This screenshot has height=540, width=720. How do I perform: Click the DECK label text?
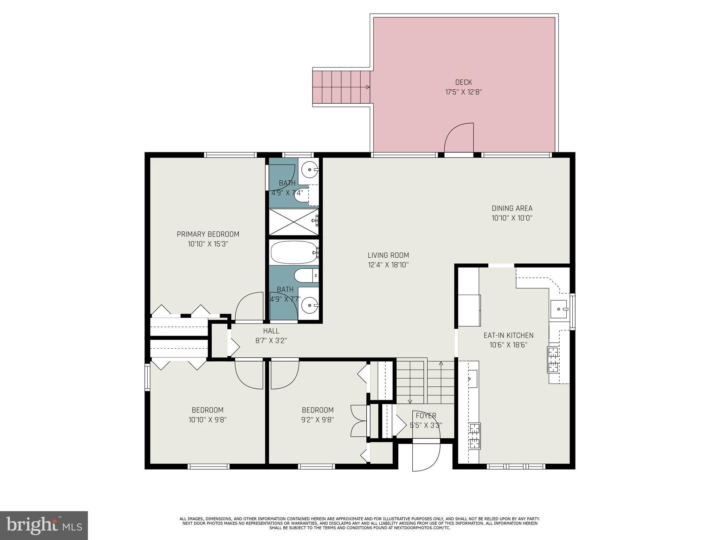click(x=463, y=82)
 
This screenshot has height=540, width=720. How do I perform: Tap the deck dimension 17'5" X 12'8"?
click(x=463, y=92)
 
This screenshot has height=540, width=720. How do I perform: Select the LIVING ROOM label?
click(x=388, y=255)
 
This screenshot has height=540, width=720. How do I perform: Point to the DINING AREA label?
click(x=512, y=208)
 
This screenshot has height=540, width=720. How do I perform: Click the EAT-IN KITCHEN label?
click(x=508, y=335)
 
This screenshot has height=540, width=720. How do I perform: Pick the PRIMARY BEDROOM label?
click(x=208, y=234)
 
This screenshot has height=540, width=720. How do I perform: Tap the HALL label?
click(x=271, y=331)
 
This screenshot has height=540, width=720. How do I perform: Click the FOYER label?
click(x=426, y=416)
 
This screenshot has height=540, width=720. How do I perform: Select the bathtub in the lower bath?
click(x=295, y=252)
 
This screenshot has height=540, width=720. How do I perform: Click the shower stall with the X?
click(x=294, y=221)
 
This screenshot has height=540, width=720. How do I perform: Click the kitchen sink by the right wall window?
click(x=559, y=309)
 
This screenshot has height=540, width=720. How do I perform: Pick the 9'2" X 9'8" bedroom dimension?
click(x=317, y=420)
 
